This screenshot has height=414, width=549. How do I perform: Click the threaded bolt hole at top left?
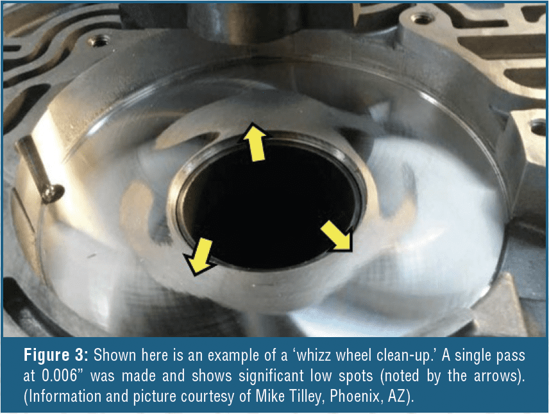[99, 42]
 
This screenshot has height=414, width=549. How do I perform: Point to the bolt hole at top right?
[422, 18]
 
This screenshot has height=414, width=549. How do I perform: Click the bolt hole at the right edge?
[539, 127]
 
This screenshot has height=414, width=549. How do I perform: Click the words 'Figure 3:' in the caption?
[56, 355]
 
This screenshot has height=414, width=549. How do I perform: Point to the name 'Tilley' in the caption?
[303, 397]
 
